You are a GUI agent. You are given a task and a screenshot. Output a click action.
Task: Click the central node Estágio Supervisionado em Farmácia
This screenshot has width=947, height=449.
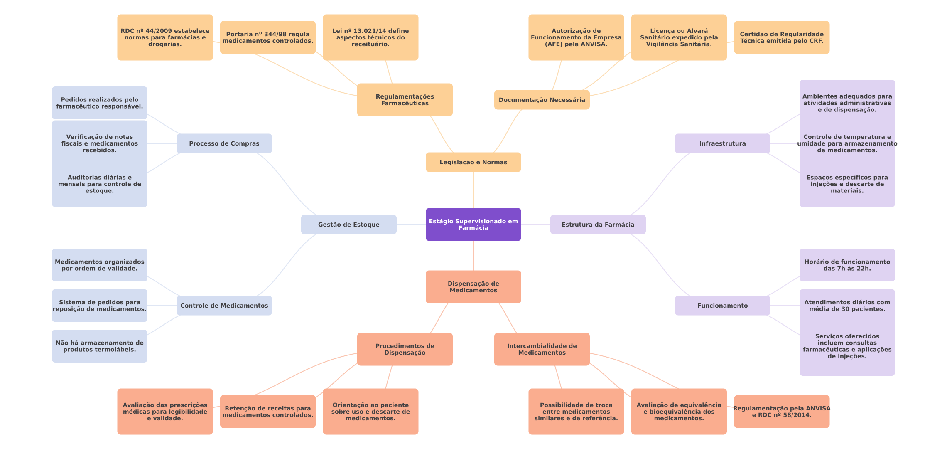(473, 224)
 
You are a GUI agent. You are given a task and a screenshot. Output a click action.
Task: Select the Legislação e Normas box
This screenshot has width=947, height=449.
(473, 162)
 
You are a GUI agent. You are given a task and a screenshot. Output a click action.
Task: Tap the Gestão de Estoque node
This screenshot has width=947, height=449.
(348, 224)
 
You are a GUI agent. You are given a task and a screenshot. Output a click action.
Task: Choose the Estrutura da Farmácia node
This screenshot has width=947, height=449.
(598, 224)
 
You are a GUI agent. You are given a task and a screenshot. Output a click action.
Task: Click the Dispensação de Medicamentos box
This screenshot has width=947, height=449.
(473, 287)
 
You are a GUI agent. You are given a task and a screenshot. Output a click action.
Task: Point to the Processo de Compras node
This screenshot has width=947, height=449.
(224, 143)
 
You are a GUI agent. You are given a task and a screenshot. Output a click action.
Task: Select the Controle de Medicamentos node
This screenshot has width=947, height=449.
(224, 306)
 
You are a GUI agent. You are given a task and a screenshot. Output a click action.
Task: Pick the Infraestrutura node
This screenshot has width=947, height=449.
(722, 143)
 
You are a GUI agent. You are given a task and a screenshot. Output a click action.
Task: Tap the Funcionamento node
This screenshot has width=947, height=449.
(722, 306)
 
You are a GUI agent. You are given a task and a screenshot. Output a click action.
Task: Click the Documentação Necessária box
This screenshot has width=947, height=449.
(542, 100)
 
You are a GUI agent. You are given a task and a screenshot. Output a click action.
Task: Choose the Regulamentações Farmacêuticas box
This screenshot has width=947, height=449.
(405, 100)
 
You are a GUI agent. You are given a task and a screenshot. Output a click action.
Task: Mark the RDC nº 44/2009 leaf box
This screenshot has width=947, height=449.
(165, 37)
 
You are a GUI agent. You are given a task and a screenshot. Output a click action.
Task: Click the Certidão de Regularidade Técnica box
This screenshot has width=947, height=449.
(781, 37)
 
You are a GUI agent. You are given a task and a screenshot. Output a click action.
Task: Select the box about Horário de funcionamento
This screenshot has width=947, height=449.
(847, 265)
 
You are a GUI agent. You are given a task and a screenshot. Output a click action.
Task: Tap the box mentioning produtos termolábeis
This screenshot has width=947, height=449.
(99, 346)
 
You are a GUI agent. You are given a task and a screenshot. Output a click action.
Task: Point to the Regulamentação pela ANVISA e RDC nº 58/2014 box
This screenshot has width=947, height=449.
(781, 412)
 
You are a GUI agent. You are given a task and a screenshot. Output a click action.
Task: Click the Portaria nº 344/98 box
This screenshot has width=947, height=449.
(267, 37)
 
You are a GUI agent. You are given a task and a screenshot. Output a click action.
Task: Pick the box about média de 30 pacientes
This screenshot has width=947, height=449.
(847, 306)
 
